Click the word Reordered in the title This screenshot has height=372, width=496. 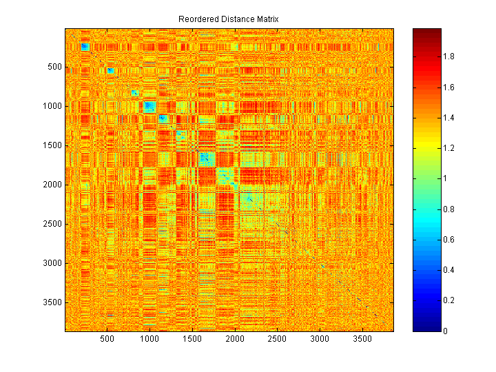click(x=197, y=19)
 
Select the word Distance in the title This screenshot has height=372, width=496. click(x=234, y=19)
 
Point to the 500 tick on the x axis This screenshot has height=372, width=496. click(x=107, y=340)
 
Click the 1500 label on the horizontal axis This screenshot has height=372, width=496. click(x=192, y=340)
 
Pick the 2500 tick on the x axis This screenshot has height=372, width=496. click(x=278, y=340)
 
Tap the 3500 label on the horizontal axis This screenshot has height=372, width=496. click(x=362, y=340)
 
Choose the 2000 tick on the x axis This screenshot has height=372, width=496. click(x=235, y=340)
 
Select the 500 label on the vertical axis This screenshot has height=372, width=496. click(x=55, y=67)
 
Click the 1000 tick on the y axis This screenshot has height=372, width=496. click(x=53, y=106)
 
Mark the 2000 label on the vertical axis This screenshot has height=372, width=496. click(x=53, y=185)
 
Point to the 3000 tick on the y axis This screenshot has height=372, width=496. click(x=53, y=263)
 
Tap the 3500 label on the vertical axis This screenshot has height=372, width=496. click(x=53, y=302)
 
